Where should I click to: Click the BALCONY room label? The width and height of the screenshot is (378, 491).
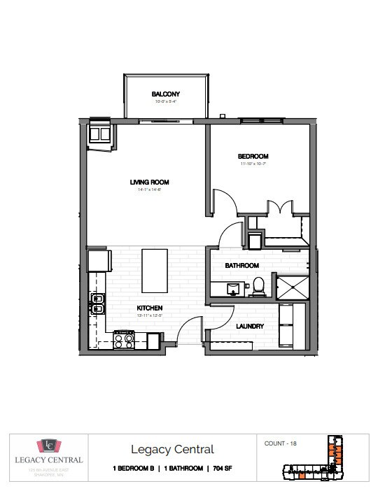tap(166, 94)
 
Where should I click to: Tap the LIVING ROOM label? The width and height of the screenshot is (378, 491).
tap(149, 183)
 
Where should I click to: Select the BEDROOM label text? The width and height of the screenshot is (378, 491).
tap(253, 157)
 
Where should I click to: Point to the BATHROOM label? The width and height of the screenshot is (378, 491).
tap(241, 266)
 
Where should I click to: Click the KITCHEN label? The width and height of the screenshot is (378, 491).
tap(149, 308)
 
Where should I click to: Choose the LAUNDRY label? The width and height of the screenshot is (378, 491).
tap(250, 326)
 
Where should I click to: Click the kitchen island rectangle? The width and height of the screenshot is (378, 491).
tap(155, 271)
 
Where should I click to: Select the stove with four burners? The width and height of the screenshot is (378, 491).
tap(124, 341)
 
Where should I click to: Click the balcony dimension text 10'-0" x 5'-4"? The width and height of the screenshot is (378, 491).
tap(166, 102)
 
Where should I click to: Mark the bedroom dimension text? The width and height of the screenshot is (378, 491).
tap(253, 164)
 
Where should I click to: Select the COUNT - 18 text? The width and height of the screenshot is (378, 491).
tap(280, 443)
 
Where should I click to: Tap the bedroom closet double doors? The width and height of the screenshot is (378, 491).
tap(278, 208)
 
